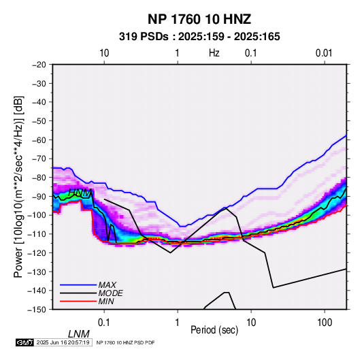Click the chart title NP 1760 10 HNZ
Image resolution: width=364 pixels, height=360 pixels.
click(199, 19)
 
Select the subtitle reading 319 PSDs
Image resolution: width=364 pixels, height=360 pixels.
click(144, 37)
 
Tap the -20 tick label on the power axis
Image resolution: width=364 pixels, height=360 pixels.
click(39, 65)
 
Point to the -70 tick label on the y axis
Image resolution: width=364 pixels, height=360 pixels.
click(39, 159)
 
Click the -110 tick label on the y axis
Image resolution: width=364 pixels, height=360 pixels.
click(37, 234)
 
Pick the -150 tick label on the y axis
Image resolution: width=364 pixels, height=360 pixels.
click(37, 310)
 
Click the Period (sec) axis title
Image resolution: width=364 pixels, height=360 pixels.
click(214, 330)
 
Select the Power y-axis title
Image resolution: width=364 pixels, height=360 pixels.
click(18, 187)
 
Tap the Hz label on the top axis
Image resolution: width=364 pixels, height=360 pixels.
click(214, 53)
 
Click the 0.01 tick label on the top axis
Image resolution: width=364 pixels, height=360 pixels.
click(324, 53)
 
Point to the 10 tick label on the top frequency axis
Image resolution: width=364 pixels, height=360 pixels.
click(104, 53)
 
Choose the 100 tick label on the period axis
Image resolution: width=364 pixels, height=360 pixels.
click(325, 323)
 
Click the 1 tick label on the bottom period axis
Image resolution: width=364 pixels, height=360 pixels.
click(178, 323)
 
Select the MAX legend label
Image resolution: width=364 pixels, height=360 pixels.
click(107, 284)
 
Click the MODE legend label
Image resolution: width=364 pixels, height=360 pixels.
click(110, 293)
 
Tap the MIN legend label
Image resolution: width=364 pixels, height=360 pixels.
click(106, 301)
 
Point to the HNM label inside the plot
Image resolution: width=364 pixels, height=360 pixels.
click(80, 193)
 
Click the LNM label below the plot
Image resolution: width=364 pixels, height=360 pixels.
click(79, 334)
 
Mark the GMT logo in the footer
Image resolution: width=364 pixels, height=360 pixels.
click(24, 342)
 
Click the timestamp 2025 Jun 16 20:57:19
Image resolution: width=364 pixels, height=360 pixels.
click(63, 342)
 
